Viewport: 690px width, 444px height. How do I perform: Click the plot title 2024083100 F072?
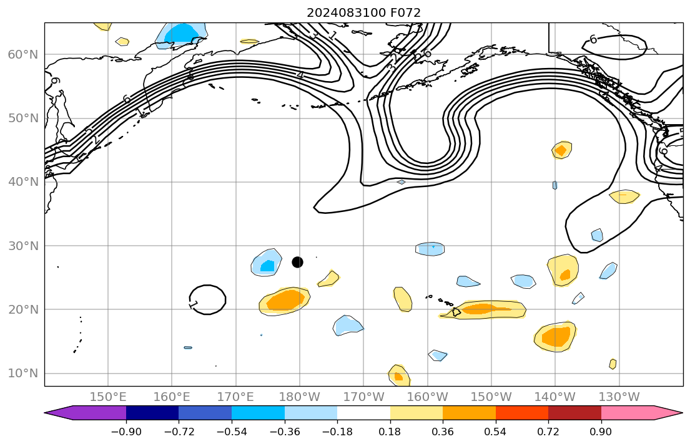pyautogui.click(x=363, y=12)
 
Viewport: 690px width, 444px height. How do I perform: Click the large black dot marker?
pyautogui.click(x=297, y=262)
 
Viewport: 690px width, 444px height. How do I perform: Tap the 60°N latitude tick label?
pyautogui.click(x=22, y=55)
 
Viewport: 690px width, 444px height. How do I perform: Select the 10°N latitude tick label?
pyautogui.click(x=22, y=374)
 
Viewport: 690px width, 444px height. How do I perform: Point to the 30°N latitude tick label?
pyautogui.click(x=22, y=246)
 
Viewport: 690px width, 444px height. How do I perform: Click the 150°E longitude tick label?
pyautogui.click(x=108, y=397)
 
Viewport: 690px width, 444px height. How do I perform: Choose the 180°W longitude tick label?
pyautogui.click(x=300, y=397)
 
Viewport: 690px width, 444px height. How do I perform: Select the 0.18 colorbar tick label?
pyautogui.click(x=390, y=432)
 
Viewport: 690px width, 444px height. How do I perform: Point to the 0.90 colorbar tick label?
pyautogui.click(x=601, y=432)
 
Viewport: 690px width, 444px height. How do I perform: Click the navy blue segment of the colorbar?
pyautogui.click(x=152, y=413)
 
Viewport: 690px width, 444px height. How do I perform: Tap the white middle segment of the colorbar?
pyautogui.click(x=363, y=413)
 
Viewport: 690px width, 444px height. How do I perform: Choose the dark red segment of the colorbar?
pyautogui.click(x=574, y=413)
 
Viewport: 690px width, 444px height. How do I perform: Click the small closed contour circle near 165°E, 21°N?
pyautogui.click(x=207, y=299)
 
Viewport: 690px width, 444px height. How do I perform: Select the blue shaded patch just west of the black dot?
pyautogui.click(x=267, y=263)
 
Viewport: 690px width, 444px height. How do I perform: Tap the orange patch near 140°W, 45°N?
pyautogui.click(x=561, y=150)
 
